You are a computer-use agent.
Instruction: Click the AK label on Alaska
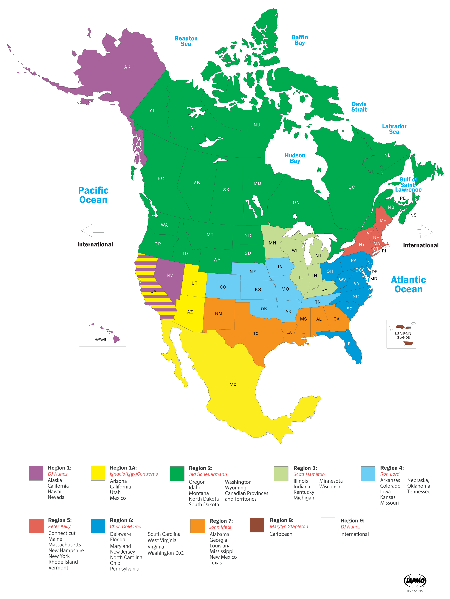(x=127, y=67)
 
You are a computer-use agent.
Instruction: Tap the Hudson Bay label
(x=295, y=158)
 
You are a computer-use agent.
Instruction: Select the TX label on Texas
(x=256, y=334)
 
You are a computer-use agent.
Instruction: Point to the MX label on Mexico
(x=233, y=385)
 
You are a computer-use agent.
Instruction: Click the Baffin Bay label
(x=300, y=40)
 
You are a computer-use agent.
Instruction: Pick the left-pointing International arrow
(x=92, y=230)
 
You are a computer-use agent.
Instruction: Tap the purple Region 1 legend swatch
(x=36, y=473)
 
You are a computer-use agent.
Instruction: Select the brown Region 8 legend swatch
(x=257, y=525)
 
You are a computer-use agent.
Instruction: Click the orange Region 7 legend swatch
(x=197, y=526)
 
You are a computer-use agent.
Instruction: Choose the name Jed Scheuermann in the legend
(x=208, y=474)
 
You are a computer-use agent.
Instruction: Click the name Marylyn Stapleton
(x=289, y=526)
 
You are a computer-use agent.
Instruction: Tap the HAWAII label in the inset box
(x=100, y=339)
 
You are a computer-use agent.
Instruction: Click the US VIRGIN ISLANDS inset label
(x=403, y=335)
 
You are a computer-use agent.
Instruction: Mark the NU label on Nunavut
(x=257, y=125)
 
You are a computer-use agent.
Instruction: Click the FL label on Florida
(x=350, y=344)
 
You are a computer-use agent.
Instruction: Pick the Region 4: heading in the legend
(x=392, y=468)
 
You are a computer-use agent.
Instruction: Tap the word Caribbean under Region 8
(x=281, y=534)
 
